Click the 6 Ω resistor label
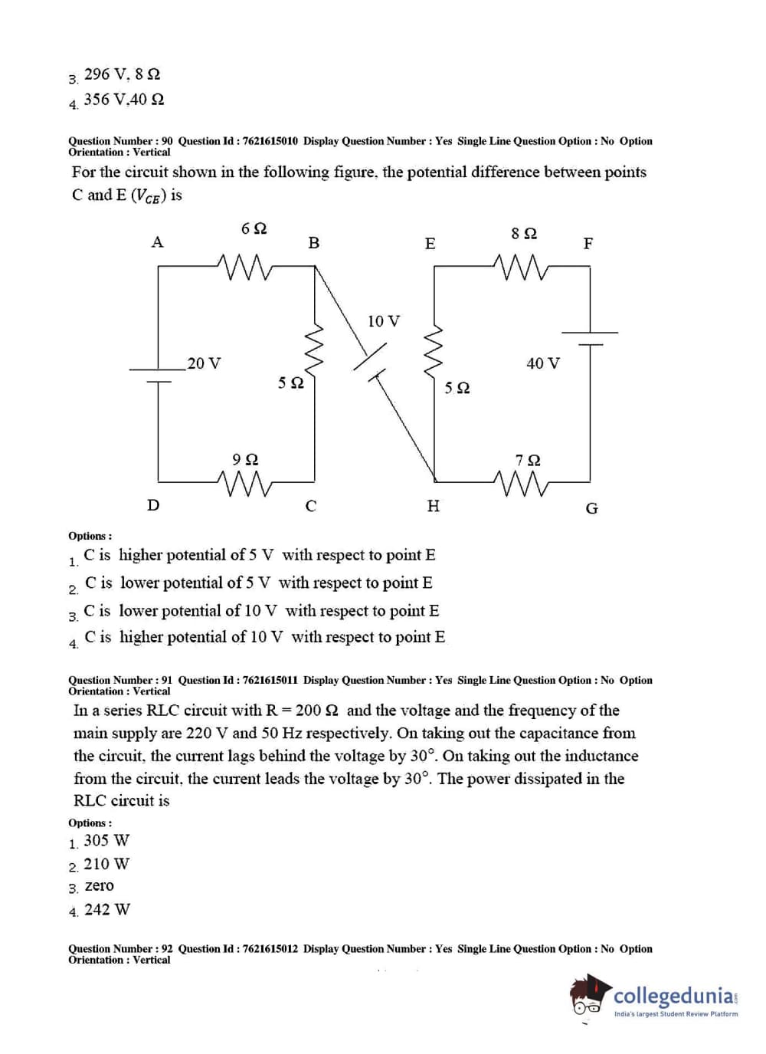254,228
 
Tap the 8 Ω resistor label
524,233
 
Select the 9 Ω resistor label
245,459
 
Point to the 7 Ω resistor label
528,461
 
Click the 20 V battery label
204,363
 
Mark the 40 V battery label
543,363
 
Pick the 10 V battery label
384,321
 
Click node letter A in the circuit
157,242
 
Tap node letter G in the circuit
591,508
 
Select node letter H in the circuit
433,506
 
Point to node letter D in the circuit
153,505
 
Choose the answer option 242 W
107,910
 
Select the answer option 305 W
106,840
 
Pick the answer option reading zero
99,886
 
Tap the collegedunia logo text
674,996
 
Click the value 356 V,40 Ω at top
124,100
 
